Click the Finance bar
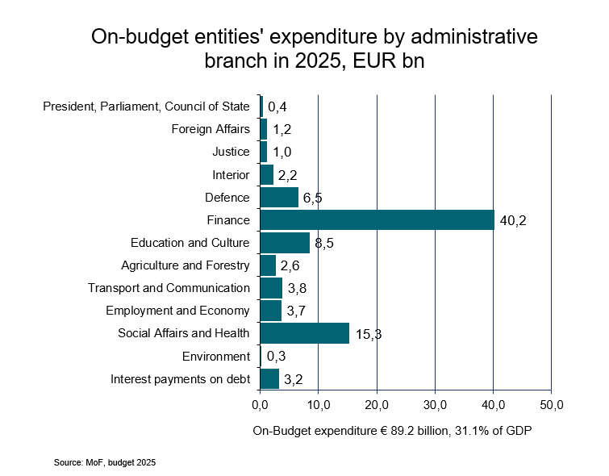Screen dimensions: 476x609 pos(377,220)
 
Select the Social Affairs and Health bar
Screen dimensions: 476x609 pos(304,333)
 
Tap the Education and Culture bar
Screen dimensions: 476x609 pos(285,243)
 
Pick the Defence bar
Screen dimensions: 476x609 pos(279,198)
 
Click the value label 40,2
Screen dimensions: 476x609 pos(513,220)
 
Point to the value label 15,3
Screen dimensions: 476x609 pos(368,334)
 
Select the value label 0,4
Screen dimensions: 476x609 pos(277,107)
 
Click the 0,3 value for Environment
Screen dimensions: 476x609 pos(277,357)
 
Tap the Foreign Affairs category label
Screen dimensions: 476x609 pos(211,129)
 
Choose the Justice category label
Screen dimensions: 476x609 pos(231,152)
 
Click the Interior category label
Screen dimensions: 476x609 pos(231,174)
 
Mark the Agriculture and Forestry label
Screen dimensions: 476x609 pos(186,265)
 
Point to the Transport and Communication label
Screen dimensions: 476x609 pos(169,288)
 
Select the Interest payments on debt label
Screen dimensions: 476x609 pos(180,378)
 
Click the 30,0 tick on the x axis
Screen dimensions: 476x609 pos(435,403)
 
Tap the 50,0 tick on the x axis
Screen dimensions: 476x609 pos(551,403)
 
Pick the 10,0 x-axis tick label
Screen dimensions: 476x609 pos(318,403)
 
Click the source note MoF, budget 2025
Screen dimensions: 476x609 pos(105,463)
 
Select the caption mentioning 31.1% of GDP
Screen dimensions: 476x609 pos(393,430)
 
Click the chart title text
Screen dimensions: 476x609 pos(313,48)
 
